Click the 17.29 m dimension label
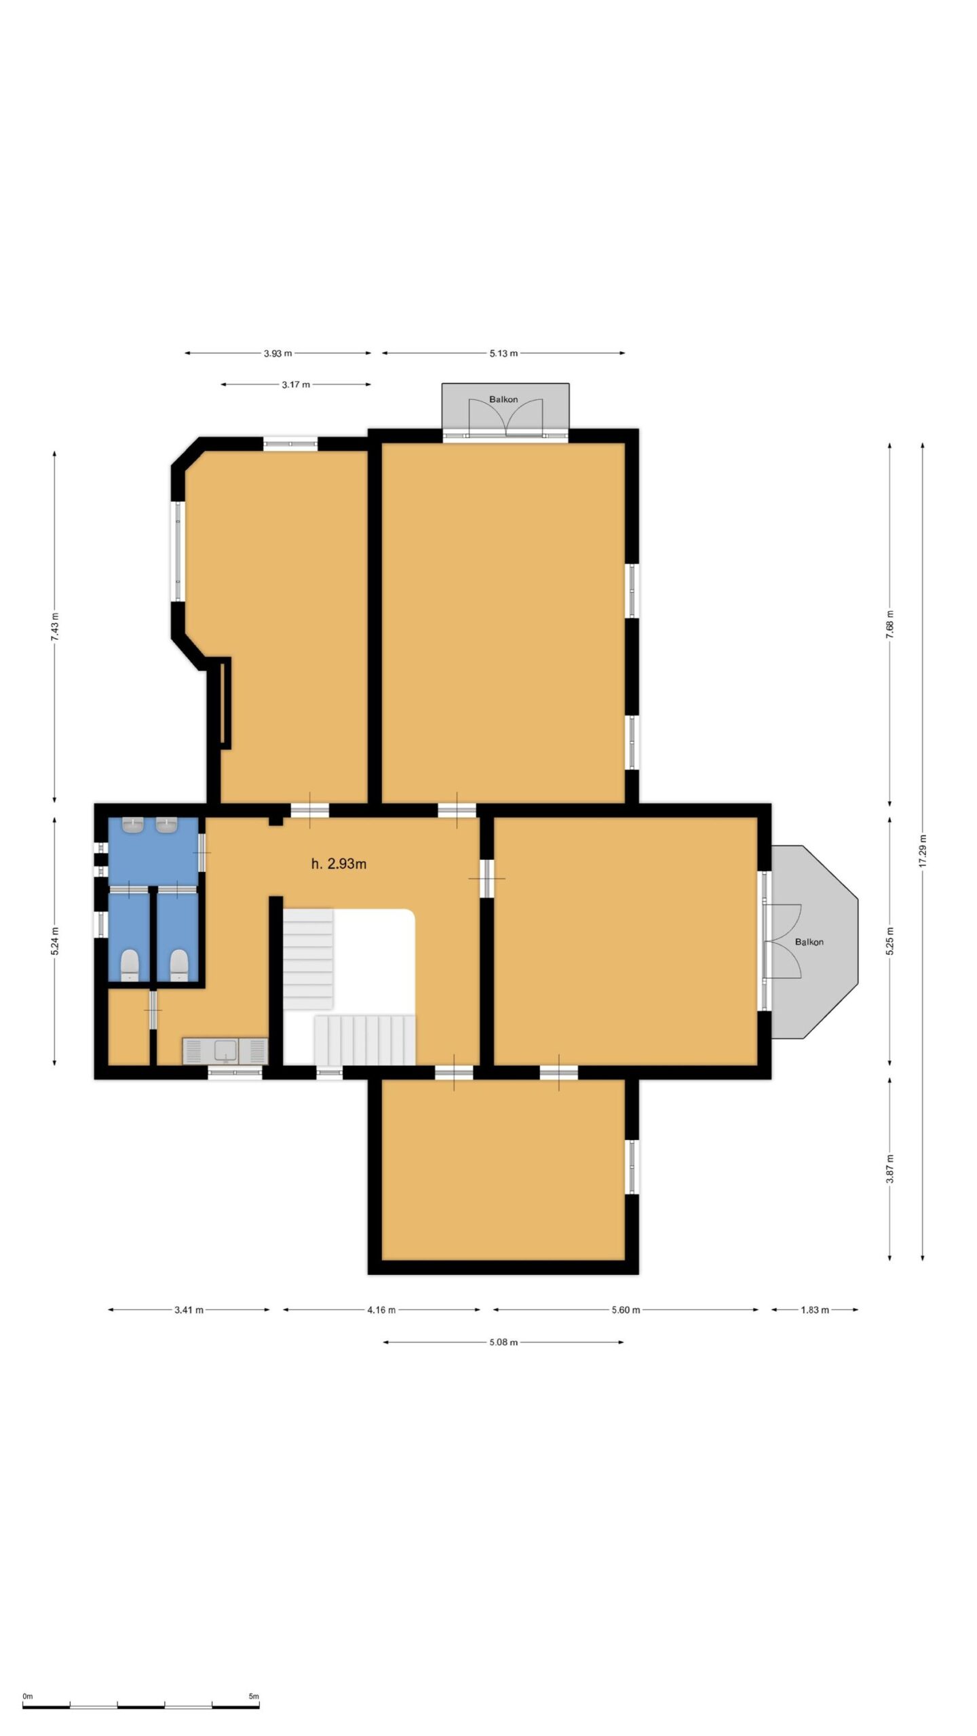tap(923, 850)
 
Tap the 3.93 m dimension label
tap(278, 353)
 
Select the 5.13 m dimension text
tap(503, 353)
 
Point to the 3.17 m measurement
tap(296, 384)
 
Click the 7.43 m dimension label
tap(55, 627)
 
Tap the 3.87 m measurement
tap(889, 1168)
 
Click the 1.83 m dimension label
tap(815, 1310)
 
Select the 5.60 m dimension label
tap(626, 1310)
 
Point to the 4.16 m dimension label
tap(381, 1310)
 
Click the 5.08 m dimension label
tap(503, 1342)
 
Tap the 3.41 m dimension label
tap(189, 1310)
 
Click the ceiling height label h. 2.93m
tap(339, 864)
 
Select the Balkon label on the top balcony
tap(503, 399)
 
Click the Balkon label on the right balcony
tap(809, 942)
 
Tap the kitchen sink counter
tap(225, 1051)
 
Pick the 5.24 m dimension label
tap(55, 941)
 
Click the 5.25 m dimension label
tap(889, 941)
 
